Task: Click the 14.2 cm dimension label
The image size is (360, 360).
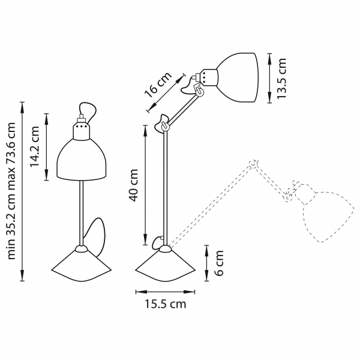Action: coord(35,146)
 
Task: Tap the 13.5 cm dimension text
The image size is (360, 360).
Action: coord(282,78)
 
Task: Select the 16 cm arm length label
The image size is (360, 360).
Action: coord(158,85)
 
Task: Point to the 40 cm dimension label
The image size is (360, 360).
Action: coord(133,185)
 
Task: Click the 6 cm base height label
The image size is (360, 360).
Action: coord(219,263)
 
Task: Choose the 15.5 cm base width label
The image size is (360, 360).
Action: coord(165,304)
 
